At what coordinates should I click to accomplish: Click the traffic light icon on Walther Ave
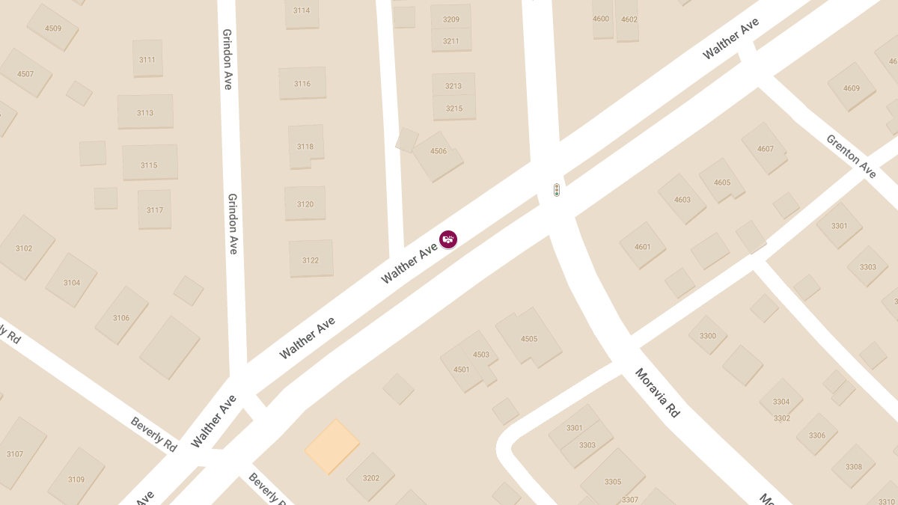(x=556, y=190)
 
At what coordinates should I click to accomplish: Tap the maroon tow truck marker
(x=448, y=239)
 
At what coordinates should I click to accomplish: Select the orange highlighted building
(x=332, y=447)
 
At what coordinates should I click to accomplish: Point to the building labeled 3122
(x=311, y=258)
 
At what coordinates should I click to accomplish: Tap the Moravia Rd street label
(x=657, y=393)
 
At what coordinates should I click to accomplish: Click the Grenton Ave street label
(x=851, y=156)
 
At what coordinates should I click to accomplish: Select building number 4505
(x=528, y=337)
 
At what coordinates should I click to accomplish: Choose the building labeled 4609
(x=852, y=88)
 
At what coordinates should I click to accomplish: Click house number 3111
(x=147, y=58)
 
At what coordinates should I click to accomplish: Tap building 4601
(x=642, y=245)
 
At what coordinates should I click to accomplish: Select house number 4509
(x=52, y=28)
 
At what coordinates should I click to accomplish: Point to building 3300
(x=707, y=336)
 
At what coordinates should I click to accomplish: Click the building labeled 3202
(x=370, y=477)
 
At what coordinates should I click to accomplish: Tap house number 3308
(x=853, y=465)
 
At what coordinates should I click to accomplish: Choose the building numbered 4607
(x=764, y=148)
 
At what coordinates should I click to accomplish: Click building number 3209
(x=451, y=18)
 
